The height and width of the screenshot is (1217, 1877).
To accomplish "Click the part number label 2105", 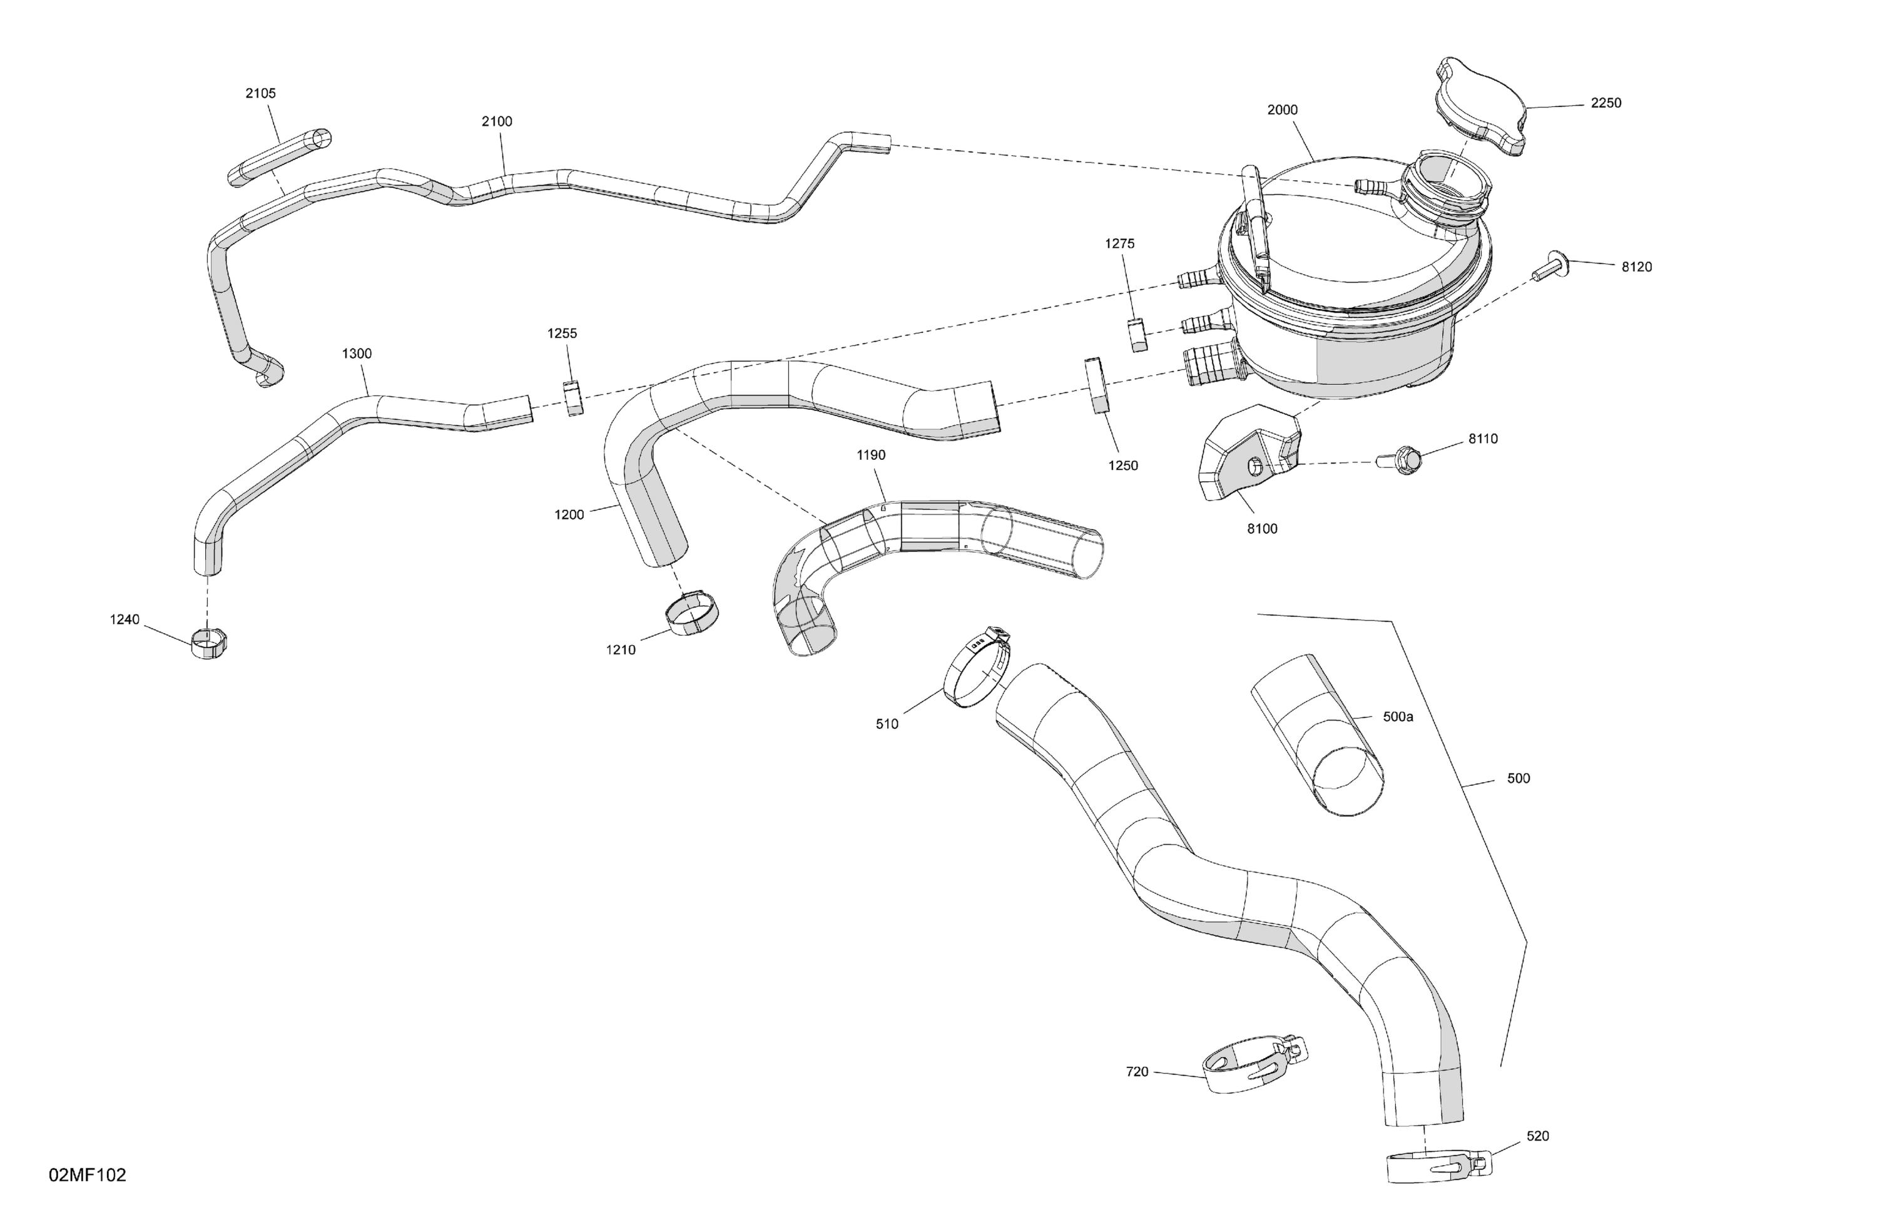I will point(260,93).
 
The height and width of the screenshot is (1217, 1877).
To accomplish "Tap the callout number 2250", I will point(1605,103).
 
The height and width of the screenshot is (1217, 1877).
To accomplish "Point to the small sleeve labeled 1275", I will point(1136,335).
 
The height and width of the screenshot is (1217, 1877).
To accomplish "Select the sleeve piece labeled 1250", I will point(1096,385).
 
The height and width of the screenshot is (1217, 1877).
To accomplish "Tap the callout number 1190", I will point(871,455).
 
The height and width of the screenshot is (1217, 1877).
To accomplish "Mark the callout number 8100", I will point(1262,529).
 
